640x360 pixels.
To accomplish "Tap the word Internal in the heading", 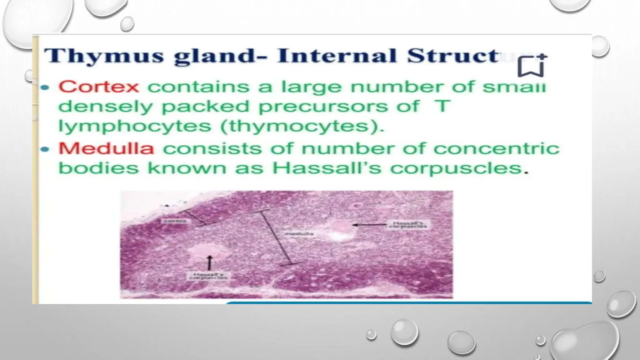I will pyautogui.click(x=337, y=56).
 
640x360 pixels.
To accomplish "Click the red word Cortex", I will pyautogui.click(x=98, y=87).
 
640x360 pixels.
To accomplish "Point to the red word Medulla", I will pyautogui.click(x=106, y=148).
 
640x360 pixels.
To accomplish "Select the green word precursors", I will pyautogui.click(x=339, y=107).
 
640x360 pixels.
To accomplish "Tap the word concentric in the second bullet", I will pyautogui.click(x=496, y=148).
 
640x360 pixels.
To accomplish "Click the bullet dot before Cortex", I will pyautogui.click(x=45, y=88).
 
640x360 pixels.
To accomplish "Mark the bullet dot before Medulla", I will pyautogui.click(x=45, y=149).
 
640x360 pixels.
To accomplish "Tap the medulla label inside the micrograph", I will pyautogui.click(x=299, y=234).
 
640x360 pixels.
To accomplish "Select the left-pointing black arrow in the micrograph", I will pyautogui.click(x=369, y=224).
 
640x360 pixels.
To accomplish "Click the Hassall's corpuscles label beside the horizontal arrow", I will pyautogui.click(x=408, y=224).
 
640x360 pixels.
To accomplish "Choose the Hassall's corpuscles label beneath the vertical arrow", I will pyautogui.click(x=208, y=276).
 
